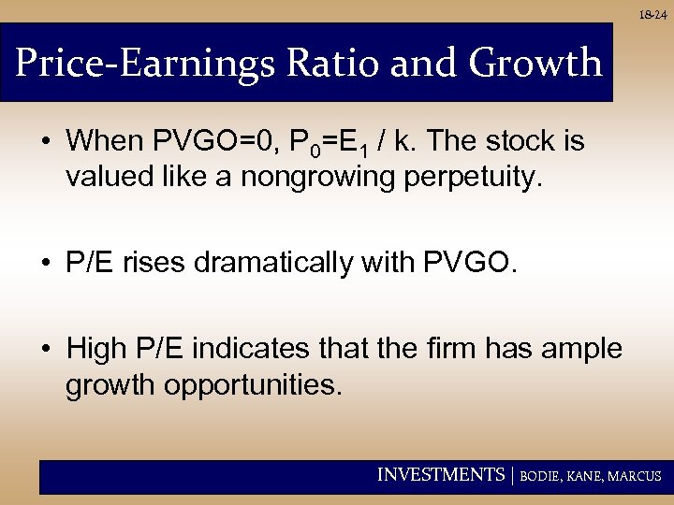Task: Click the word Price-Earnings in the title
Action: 145,63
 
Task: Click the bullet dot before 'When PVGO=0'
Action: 46,143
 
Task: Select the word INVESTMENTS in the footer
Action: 440,475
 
